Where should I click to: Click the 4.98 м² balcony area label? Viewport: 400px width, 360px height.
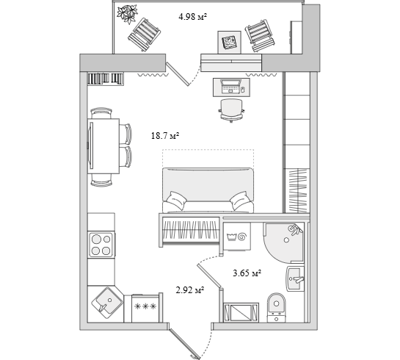tap(192, 17)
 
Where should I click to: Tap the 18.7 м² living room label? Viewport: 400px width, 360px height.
tap(165, 136)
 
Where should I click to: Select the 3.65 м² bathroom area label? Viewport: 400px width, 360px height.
tap(247, 273)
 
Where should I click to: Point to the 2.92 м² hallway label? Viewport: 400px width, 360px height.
tap(190, 290)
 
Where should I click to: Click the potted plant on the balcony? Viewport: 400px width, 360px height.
tap(127, 14)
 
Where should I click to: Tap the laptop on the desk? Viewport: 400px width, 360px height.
tap(230, 86)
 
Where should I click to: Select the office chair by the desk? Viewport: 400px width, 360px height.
tap(231, 110)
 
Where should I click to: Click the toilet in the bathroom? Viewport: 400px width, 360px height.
tap(277, 307)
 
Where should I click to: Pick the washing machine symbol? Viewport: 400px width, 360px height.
tap(237, 237)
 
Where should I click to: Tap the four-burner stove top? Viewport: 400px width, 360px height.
tap(101, 245)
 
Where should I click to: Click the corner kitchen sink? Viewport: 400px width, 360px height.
tap(107, 303)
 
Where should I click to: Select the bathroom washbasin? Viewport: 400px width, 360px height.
tap(295, 279)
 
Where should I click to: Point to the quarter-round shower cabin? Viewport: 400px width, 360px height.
tap(283, 242)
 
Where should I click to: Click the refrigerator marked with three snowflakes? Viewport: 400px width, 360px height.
tap(145, 308)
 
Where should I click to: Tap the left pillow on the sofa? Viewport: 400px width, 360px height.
tap(175, 200)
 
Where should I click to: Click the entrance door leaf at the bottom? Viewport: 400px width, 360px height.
tap(183, 343)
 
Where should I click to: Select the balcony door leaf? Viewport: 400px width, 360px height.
tap(178, 73)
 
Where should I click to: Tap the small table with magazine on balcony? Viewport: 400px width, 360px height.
tap(229, 43)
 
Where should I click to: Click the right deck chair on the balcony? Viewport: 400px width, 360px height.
tap(261, 35)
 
